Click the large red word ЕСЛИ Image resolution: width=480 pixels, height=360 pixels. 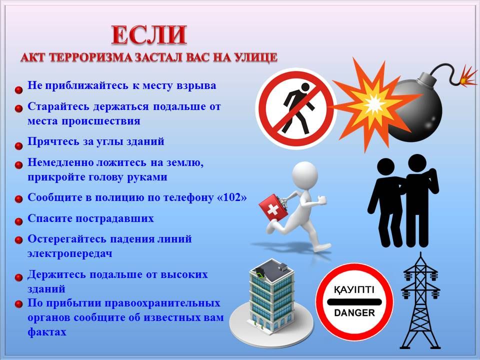[x=149, y=35]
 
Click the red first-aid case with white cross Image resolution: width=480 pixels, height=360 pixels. [x=273, y=209]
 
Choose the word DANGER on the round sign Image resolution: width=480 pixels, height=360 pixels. [x=354, y=313]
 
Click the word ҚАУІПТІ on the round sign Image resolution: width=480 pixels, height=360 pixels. [x=354, y=289]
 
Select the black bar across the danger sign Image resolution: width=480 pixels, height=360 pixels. [x=354, y=302]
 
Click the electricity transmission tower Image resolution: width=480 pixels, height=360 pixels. [x=420, y=301]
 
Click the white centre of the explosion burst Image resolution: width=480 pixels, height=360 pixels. [x=373, y=104]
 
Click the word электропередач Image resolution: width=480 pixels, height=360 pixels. [x=70, y=254]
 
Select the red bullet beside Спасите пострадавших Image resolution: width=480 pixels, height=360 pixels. [x=18, y=221]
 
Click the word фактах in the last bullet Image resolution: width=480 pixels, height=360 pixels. [x=47, y=332]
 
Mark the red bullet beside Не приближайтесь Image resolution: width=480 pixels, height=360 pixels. [x=18, y=90]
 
